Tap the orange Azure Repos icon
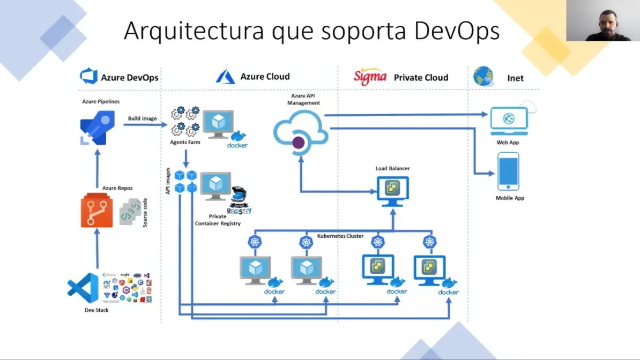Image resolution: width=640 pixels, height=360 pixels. click(96, 211)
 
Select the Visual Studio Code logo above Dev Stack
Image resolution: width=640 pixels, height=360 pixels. click(83, 288)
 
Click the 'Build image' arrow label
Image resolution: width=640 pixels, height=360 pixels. click(142, 118)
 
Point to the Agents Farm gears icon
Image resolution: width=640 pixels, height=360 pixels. click(185, 121)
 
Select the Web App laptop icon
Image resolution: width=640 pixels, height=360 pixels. click(509, 121)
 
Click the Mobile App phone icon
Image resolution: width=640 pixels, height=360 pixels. click(508, 171)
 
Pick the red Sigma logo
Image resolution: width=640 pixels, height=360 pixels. click(370, 77)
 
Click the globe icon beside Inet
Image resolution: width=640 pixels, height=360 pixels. click(483, 77)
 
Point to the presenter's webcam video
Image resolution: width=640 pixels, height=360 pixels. click(603, 21)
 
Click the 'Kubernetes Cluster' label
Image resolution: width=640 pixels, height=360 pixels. click(340, 236)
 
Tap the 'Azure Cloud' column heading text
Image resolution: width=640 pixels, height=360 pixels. click(265, 77)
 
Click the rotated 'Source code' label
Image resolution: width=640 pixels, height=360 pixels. click(145, 212)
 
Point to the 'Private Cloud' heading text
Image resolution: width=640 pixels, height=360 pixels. click(421, 77)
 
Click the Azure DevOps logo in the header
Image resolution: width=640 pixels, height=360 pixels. click(88, 77)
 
